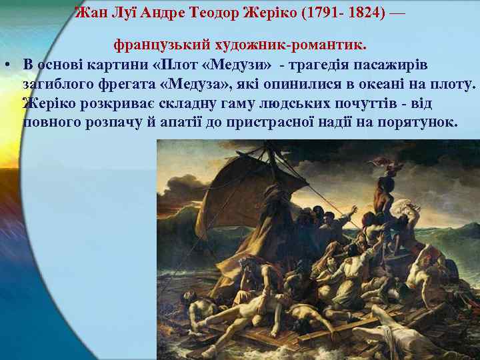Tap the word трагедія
[x=323, y=65]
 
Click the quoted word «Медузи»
[x=239, y=65]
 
